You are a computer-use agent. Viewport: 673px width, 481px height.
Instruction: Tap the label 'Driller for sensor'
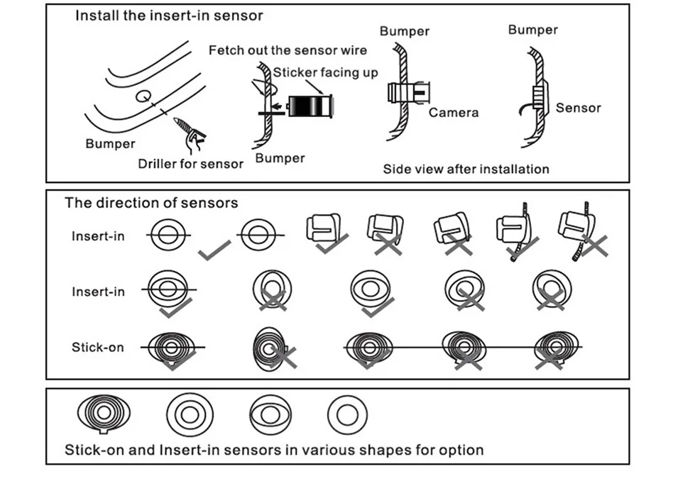pos(190,164)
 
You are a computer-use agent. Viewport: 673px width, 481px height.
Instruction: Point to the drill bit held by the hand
pos(183,126)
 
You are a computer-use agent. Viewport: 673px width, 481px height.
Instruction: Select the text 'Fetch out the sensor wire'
pos(288,50)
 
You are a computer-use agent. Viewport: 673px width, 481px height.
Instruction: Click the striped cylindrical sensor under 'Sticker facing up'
pos(310,107)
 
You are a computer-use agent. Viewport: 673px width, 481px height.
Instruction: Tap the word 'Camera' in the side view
pos(454,112)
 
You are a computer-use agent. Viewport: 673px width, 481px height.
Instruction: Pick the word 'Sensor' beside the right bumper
pos(578,108)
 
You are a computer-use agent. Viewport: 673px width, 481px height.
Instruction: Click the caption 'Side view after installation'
pos(466,169)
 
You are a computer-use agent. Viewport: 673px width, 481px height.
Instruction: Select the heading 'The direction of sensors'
pos(151,203)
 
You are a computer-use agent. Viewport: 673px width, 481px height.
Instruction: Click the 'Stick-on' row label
pos(97,347)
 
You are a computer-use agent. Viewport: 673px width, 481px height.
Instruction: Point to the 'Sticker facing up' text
pos(326,72)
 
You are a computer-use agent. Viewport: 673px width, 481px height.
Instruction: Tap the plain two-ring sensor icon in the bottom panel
pos(347,412)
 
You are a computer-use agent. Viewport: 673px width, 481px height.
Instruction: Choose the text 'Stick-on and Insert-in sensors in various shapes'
pos(274,449)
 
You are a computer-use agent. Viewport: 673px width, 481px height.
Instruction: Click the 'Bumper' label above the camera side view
pos(405,31)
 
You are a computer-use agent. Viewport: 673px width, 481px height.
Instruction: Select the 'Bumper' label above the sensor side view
pos(532,30)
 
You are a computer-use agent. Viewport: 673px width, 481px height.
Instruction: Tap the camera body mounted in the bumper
pos(407,94)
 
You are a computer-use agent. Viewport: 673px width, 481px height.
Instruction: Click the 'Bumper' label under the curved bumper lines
pos(110,144)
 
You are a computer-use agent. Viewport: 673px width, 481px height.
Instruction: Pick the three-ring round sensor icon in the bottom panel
pos(190,414)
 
